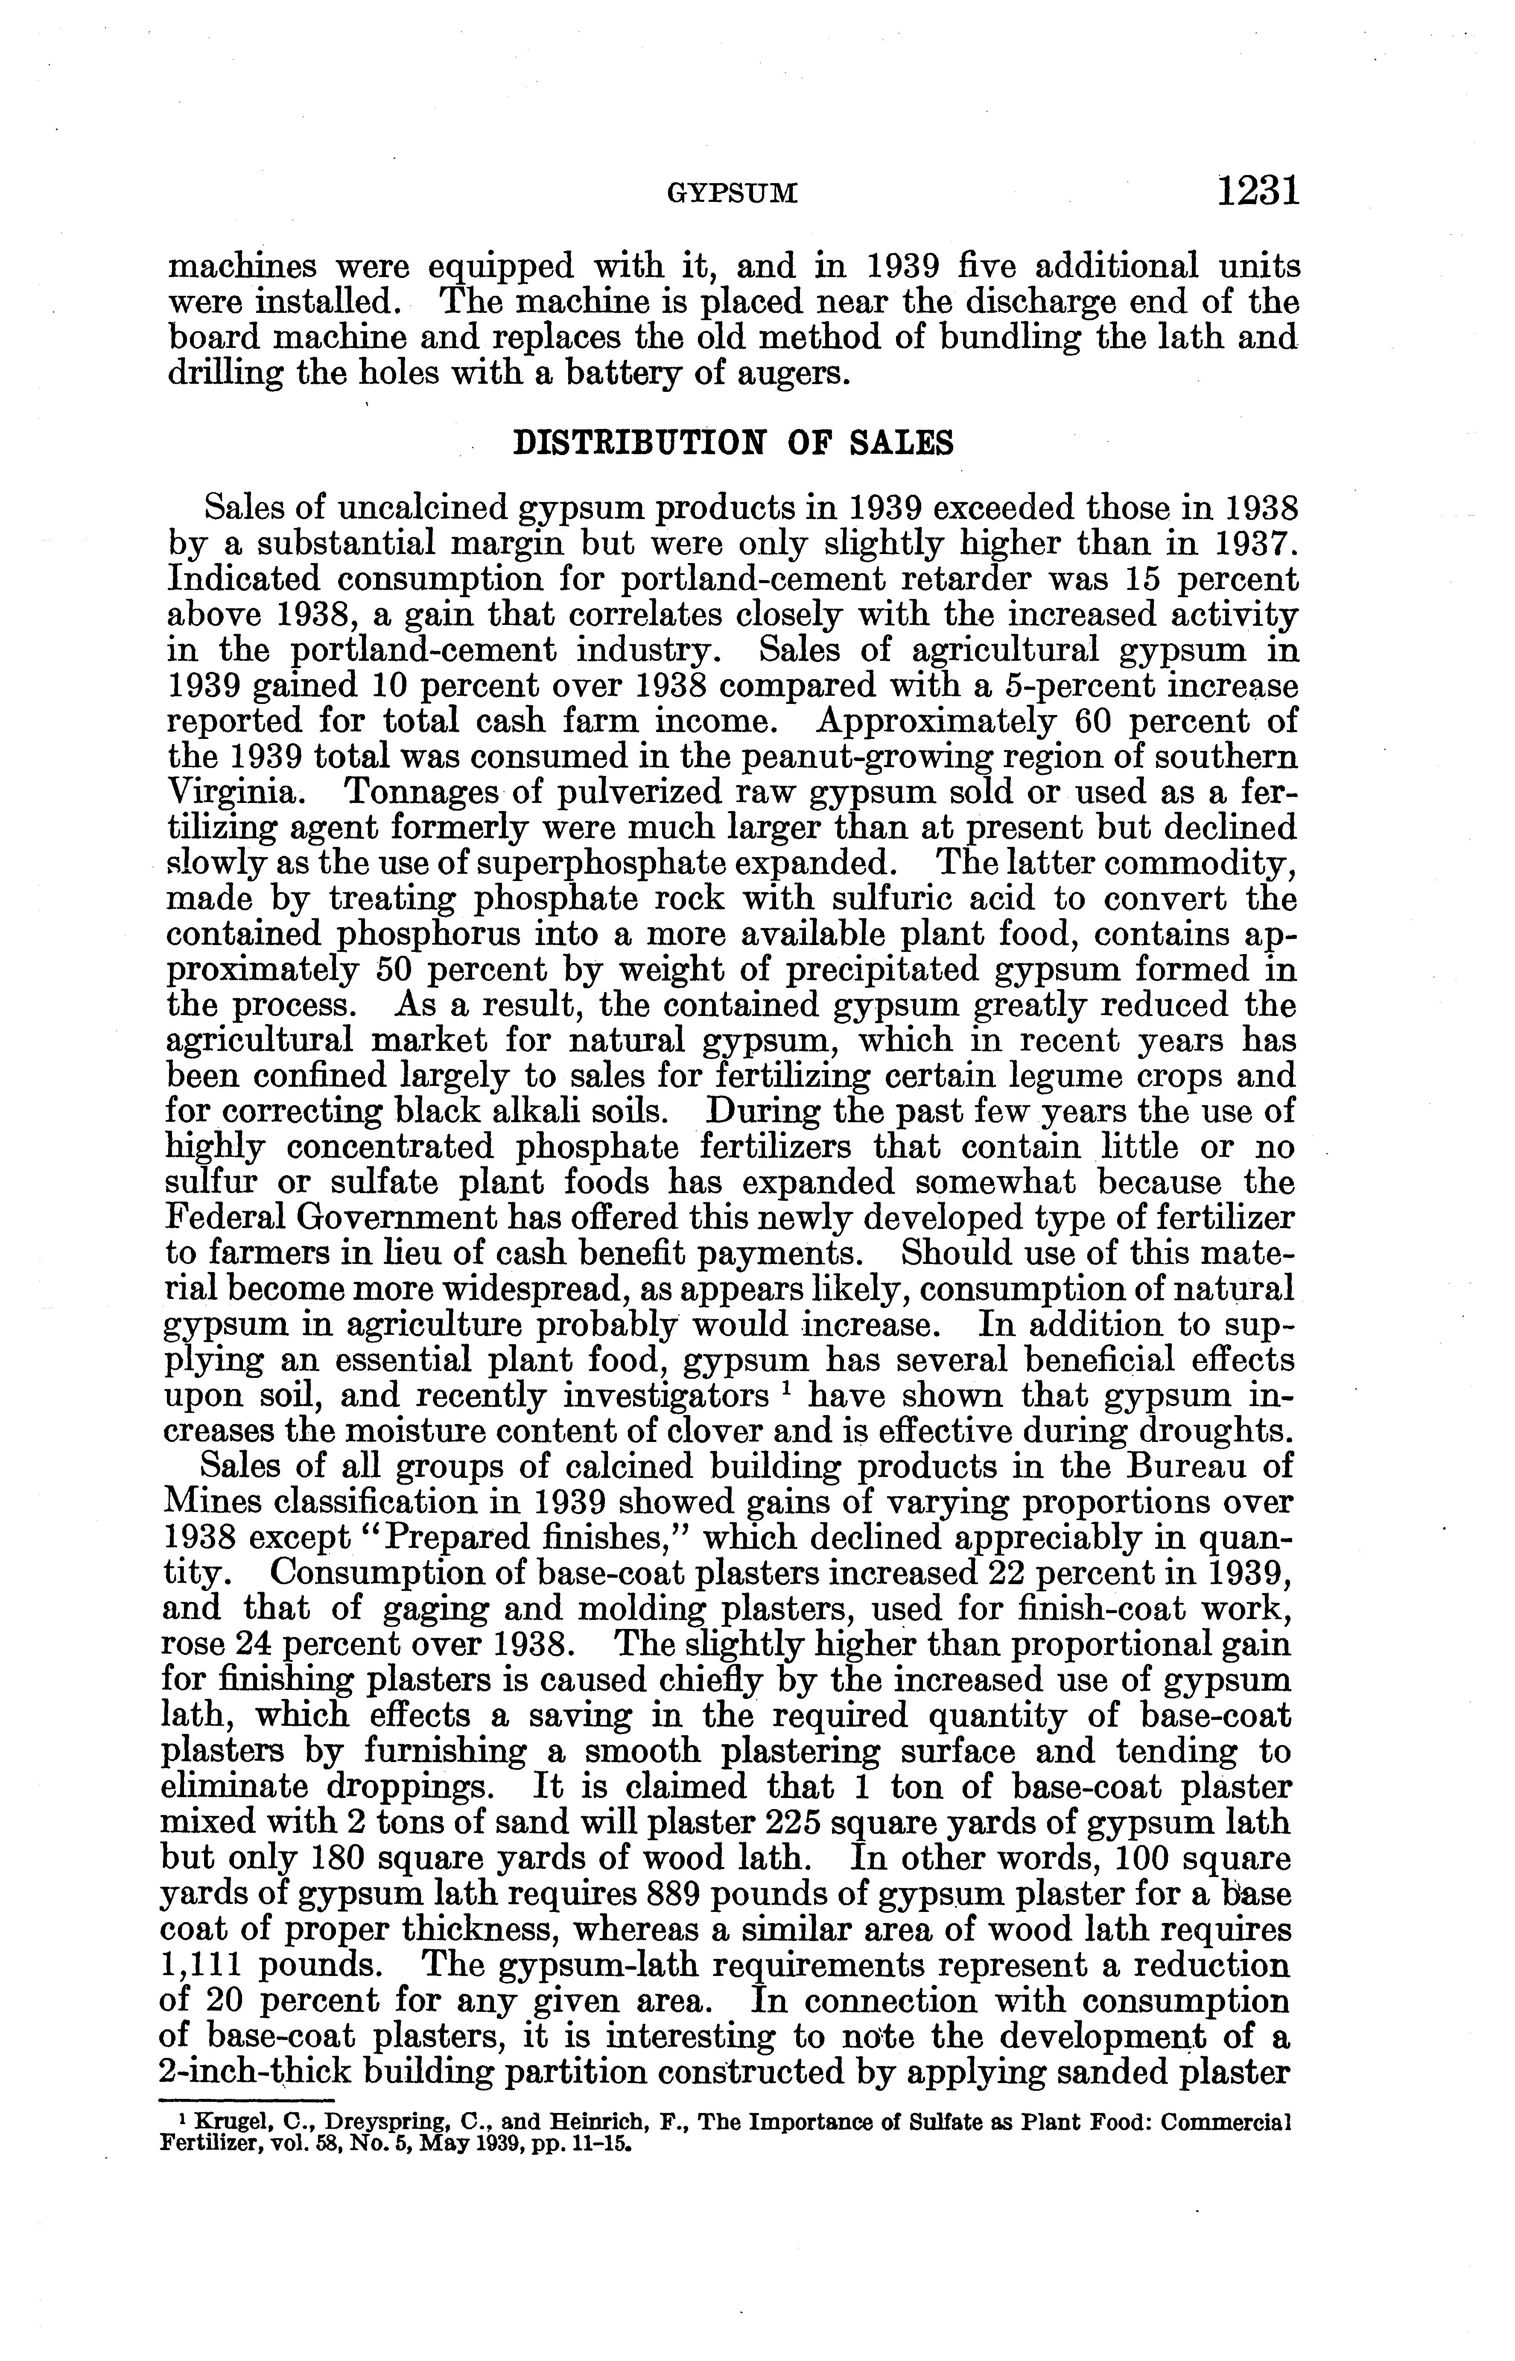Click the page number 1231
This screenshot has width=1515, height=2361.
click(x=1258, y=190)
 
